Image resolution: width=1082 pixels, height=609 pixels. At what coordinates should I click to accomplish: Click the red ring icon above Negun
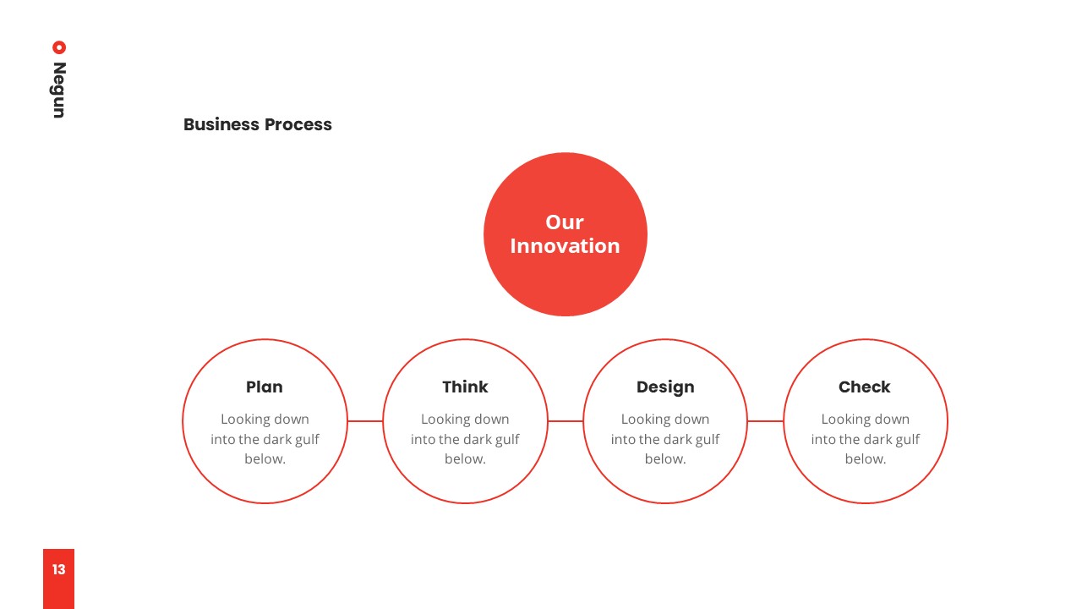click(x=59, y=47)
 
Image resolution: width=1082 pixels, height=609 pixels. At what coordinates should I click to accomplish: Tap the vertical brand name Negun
click(x=59, y=90)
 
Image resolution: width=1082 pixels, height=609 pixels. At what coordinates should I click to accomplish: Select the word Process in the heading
click(x=298, y=124)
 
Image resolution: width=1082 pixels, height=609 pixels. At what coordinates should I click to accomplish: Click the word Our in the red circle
click(x=565, y=222)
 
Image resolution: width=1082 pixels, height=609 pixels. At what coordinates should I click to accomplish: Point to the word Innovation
click(x=565, y=246)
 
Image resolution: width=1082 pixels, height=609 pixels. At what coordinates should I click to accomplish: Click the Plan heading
click(x=265, y=387)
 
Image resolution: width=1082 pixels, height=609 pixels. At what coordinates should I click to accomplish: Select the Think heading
click(x=465, y=387)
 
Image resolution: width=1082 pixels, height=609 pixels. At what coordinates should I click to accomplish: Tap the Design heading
click(x=665, y=387)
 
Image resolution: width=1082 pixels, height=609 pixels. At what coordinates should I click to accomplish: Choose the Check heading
click(x=864, y=387)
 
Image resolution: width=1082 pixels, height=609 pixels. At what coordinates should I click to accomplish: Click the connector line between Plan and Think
click(x=365, y=421)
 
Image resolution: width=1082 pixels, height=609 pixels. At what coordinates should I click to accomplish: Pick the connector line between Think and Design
click(x=566, y=421)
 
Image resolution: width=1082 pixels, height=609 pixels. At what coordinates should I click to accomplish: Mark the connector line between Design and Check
click(x=765, y=421)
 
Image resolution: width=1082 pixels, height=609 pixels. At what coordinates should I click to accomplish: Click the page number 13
click(x=58, y=569)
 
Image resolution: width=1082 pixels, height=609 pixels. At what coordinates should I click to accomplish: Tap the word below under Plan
click(x=265, y=458)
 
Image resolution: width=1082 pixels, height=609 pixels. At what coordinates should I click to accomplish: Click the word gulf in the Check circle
click(x=908, y=439)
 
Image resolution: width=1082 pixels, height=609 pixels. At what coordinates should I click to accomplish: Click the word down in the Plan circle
click(x=292, y=419)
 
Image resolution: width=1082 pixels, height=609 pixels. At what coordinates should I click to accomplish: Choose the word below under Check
click(x=865, y=458)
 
